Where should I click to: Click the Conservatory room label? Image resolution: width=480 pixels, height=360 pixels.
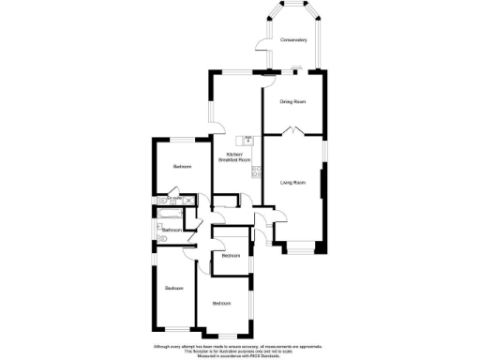click(x=293, y=39)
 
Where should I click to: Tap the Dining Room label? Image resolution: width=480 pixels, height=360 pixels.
click(x=293, y=101)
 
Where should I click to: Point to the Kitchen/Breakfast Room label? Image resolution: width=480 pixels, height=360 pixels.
click(x=234, y=157)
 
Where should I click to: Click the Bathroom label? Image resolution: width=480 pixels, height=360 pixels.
click(x=172, y=230)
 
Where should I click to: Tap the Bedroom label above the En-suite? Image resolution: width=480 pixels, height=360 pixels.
click(x=182, y=166)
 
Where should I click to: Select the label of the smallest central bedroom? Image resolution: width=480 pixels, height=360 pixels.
click(x=231, y=254)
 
